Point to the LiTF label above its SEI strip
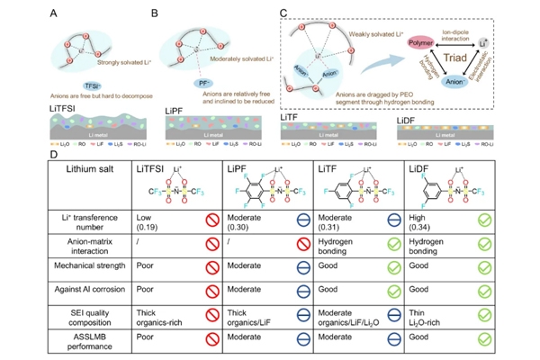point(295,117)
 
